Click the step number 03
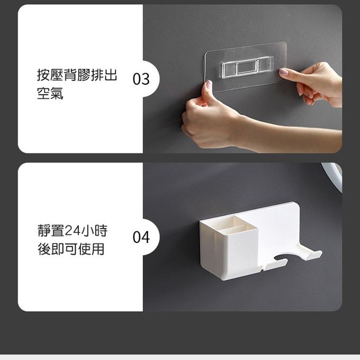[x=141, y=79]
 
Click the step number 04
[x=141, y=237]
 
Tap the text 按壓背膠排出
[x=77, y=75]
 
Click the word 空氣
[x=50, y=93]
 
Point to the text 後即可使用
[x=71, y=249]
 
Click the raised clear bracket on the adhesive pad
[x=248, y=67]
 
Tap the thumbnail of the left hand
[x=209, y=84]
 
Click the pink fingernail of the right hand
[x=284, y=72]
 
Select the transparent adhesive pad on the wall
[x=245, y=67]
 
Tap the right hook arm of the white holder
[x=310, y=252]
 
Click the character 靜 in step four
[x=44, y=230]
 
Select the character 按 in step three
[x=43, y=75]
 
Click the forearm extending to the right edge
[x=289, y=138]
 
